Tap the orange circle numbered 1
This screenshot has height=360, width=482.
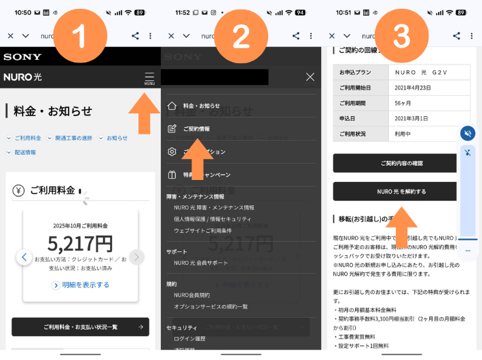[80, 37]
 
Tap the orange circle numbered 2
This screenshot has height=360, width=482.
[241, 37]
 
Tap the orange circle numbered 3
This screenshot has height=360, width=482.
[401, 37]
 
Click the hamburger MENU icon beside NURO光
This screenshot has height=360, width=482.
[149, 77]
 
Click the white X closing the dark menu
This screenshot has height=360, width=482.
[310, 77]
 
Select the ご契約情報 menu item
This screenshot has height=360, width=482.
[196, 128]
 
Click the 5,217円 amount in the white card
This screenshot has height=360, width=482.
[80, 243]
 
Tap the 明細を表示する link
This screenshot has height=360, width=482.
[80, 285]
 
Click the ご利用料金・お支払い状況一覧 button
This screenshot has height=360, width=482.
[80, 327]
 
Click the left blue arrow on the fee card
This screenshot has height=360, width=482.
[24, 257]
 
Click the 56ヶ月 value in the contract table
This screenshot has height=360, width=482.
[403, 103]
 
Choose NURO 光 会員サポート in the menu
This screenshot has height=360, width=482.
[201, 262]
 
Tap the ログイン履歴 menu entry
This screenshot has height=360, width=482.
[189, 338]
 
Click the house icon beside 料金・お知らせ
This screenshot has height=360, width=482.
[172, 105]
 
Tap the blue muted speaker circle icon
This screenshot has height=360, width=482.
[468, 133]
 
